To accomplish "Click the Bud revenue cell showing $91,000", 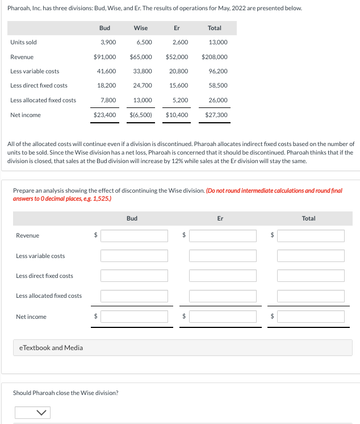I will point(105,57).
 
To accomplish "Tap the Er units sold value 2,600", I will point(180,42).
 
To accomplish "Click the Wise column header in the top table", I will point(141,28).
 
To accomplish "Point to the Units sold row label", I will point(23,42).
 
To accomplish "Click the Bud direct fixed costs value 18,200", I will point(107,85).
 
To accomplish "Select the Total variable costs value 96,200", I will point(218,71).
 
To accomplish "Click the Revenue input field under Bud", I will point(135,235).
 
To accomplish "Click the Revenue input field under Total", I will point(311,235).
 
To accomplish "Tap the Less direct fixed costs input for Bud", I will point(135,276).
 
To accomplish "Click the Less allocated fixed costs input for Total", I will point(311,296).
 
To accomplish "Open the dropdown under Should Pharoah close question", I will point(32,412).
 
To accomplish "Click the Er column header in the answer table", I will point(220,218).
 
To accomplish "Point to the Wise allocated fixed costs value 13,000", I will point(143,100).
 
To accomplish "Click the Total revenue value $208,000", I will point(215,57).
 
